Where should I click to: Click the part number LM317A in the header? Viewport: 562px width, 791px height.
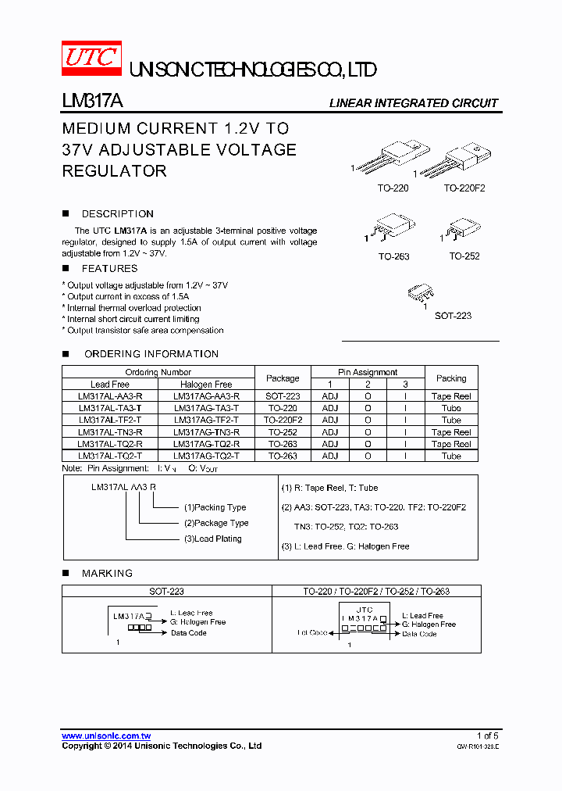click(x=91, y=102)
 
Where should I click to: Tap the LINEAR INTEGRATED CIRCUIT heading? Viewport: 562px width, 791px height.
click(x=413, y=103)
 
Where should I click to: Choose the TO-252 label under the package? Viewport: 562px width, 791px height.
click(x=464, y=256)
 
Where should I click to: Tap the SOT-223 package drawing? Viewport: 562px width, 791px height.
click(x=422, y=295)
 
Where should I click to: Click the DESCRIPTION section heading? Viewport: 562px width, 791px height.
click(x=117, y=213)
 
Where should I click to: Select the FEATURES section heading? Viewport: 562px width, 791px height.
click(x=109, y=268)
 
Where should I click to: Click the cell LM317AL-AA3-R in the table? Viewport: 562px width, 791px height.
click(x=110, y=396)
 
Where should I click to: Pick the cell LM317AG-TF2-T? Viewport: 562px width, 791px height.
click(x=206, y=420)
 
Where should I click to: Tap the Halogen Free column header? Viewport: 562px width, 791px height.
click(x=206, y=384)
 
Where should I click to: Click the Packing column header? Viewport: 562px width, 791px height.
click(x=451, y=378)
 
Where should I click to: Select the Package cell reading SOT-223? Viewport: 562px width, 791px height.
click(x=283, y=396)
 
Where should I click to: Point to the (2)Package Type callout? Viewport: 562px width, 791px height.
click(x=216, y=523)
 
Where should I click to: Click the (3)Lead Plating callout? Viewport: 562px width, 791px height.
click(x=212, y=539)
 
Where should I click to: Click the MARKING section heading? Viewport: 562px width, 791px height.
click(x=107, y=573)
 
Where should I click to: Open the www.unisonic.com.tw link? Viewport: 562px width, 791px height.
click(x=106, y=736)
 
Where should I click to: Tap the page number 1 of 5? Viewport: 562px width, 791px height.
click(x=487, y=736)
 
